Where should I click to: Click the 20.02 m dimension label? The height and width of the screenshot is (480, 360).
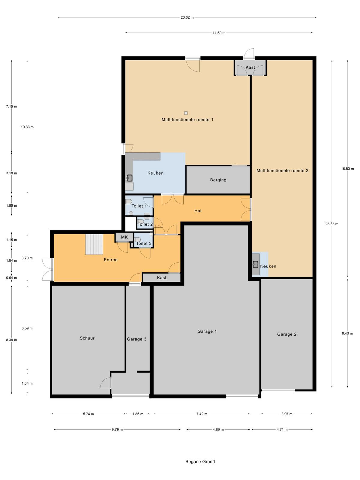[187, 17]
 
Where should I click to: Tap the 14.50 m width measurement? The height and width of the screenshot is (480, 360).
[219, 33]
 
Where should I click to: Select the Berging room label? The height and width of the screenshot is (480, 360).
[218, 180]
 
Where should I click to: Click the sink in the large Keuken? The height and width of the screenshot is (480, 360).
[130, 178]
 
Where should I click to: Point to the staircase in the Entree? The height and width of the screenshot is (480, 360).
[94, 244]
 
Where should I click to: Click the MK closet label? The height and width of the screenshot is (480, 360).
[124, 237]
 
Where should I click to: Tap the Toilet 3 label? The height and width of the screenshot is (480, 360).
[144, 243]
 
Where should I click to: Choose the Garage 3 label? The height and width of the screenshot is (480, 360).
[136, 339]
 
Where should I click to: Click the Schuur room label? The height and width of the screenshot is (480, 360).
[87, 338]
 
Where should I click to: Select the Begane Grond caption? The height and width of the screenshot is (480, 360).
[200, 461]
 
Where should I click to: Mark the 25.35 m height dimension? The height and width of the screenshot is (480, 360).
[331, 224]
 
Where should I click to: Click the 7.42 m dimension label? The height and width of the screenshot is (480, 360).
[202, 414]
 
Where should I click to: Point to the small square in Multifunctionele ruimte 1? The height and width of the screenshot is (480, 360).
[186, 113]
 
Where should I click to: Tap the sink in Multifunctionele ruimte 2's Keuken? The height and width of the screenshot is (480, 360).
[255, 264]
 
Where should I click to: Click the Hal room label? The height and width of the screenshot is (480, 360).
[198, 211]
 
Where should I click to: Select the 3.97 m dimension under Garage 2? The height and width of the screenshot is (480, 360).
[287, 414]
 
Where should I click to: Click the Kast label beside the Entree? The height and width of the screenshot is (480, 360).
[161, 277]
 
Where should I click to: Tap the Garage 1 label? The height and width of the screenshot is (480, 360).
[207, 331]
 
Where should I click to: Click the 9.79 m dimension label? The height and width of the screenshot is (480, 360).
[117, 430]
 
